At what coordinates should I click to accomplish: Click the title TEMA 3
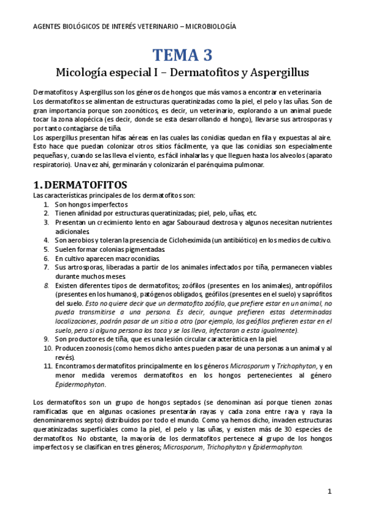pyautogui.click(x=182, y=55)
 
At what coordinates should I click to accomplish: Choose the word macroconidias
pyautogui.click(x=133, y=258)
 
